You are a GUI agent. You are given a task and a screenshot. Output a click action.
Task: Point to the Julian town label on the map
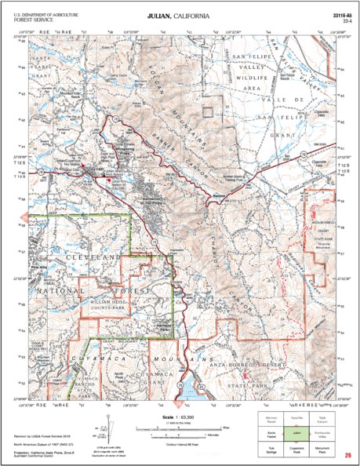coord(95,168)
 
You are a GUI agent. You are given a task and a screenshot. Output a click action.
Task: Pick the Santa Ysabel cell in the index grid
coord(270,431)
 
